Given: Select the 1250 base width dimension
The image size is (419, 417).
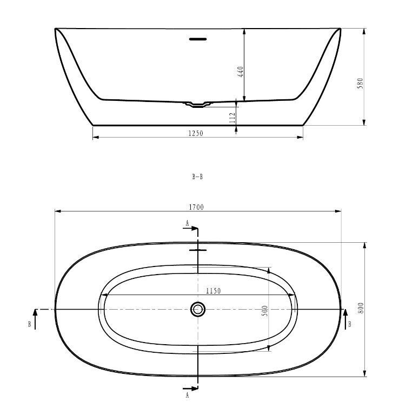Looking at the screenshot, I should [x=196, y=133].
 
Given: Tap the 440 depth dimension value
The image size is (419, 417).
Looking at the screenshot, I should [x=241, y=71].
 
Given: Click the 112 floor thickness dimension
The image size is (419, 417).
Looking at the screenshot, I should [x=232, y=118].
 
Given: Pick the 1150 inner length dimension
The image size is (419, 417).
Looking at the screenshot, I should [x=213, y=291].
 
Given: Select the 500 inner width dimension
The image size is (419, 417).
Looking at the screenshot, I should [x=265, y=311].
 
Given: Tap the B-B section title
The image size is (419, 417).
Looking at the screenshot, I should [x=197, y=176].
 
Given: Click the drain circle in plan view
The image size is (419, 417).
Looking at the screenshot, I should [x=198, y=309].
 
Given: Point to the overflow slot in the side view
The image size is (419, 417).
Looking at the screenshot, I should [x=198, y=39].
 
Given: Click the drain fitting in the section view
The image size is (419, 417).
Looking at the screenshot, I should [x=198, y=104].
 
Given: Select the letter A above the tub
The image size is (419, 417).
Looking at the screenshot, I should [x=187, y=222].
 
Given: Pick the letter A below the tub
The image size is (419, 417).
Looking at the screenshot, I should [x=187, y=395].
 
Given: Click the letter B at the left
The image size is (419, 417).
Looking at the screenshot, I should [x=29, y=324].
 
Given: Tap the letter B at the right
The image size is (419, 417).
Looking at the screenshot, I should [x=351, y=324].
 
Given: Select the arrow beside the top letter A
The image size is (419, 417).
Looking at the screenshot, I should [x=190, y=229].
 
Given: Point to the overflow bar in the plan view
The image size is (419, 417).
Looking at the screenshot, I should [x=198, y=250].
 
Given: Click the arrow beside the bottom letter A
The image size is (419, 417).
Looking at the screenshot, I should [x=190, y=388].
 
